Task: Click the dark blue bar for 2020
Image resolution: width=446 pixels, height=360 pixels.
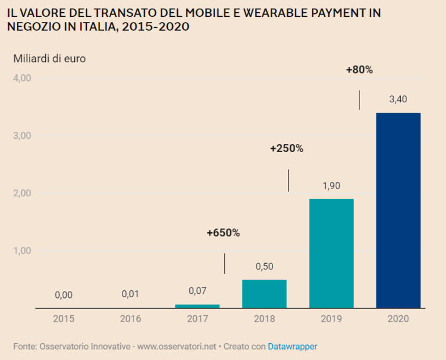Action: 398,210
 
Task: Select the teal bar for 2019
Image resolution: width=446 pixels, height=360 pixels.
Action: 331,253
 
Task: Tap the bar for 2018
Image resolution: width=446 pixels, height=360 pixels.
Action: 264,294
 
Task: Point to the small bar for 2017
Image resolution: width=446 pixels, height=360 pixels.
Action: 197,306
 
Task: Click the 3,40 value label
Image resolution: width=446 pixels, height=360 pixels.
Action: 398,99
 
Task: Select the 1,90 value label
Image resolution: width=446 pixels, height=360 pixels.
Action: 331,186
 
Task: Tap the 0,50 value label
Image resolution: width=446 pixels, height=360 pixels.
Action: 264,267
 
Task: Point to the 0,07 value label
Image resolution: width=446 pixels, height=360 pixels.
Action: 197,290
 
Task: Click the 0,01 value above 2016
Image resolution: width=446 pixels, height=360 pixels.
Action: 131,294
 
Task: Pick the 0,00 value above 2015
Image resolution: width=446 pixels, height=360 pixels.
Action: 64,295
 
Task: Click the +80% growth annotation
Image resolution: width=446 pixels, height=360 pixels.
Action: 359,70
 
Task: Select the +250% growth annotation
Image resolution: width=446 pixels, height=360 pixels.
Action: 287,148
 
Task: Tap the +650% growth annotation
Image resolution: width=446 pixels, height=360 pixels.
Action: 223,233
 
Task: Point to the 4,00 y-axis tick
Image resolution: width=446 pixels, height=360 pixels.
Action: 21,78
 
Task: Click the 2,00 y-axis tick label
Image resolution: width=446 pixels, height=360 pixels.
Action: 21,193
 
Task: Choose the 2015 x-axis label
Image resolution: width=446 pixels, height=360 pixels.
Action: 64,319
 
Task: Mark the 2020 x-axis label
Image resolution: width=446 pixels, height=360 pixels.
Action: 398,319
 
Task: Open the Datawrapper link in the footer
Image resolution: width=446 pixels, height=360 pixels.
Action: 292,346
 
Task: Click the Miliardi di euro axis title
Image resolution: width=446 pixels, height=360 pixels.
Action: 49,58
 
